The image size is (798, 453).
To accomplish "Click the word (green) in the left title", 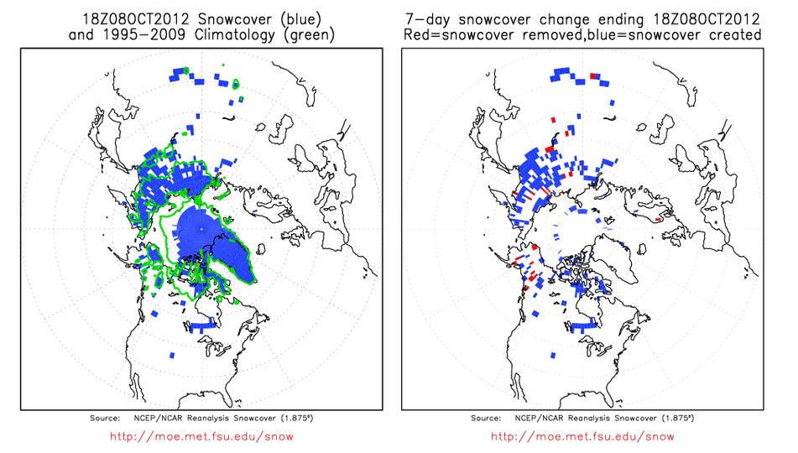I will click(x=310, y=34).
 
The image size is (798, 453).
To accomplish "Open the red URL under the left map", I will click(x=201, y=436).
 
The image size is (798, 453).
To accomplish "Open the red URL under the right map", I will click(x=582, y=436).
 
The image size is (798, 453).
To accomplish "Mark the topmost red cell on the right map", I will click(x=593, y=75).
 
